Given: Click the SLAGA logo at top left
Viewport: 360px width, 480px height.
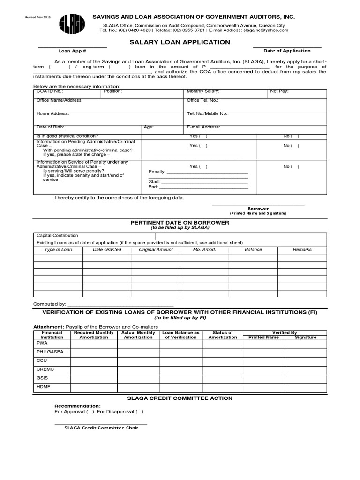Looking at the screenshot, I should [72, 24].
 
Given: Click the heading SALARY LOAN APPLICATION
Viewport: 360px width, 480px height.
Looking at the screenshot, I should [180, 42].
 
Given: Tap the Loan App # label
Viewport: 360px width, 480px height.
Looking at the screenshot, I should [72, 51].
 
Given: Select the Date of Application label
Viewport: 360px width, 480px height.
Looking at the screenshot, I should [287, 51].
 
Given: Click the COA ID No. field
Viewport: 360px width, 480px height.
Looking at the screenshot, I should [67, 94].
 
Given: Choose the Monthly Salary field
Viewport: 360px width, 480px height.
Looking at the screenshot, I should [225, 94].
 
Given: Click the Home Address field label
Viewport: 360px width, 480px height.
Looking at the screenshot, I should [53, 113].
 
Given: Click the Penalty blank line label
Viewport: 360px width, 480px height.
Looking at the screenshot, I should [157, 172].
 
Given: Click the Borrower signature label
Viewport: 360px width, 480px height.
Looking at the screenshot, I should [258, 209].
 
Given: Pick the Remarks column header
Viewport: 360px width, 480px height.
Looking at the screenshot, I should [302, 250].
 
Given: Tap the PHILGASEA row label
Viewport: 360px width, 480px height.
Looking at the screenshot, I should [47, 352].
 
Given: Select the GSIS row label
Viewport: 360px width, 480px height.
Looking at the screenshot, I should [42, 378].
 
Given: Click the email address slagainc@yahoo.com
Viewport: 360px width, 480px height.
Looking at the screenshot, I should [266, 30].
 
